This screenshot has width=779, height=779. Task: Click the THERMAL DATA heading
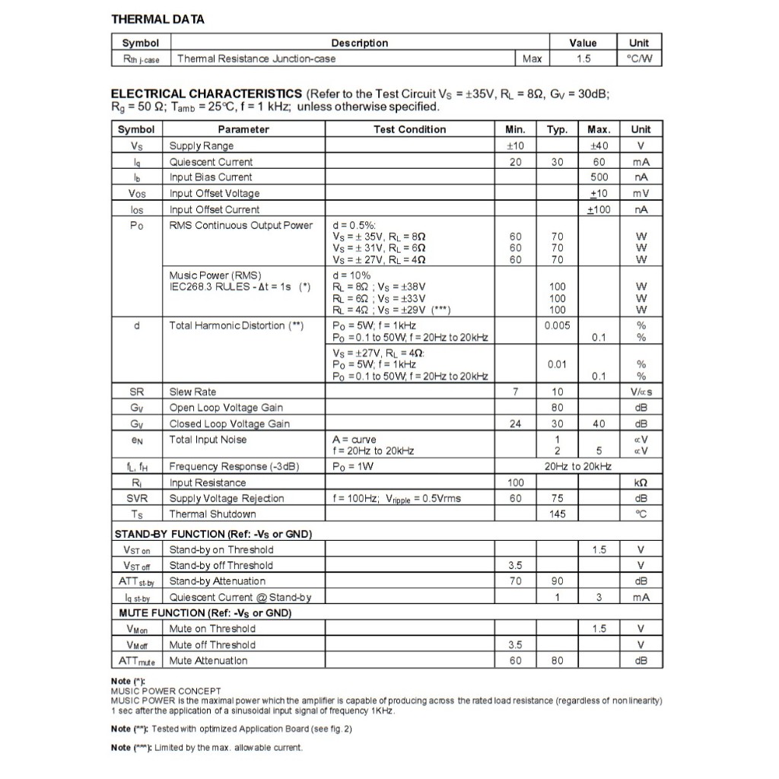click(157, 19)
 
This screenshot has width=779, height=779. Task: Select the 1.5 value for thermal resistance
click(583, 59)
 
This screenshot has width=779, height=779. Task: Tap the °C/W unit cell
click(639, 59)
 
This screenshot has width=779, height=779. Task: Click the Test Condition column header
click(409, 129)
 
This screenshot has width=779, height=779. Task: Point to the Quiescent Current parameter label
click(211, 162)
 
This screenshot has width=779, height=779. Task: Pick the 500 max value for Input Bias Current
click(599, 177)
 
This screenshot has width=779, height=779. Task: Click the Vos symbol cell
click(136, 193)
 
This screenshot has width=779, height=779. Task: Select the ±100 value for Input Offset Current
click(599, 209)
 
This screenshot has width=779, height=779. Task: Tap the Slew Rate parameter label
click(192, 392)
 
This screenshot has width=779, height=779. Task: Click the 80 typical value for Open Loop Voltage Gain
click(557, 408)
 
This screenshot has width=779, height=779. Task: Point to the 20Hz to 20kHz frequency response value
click(577, 466)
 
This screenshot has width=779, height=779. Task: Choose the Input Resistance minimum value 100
click(515, 482)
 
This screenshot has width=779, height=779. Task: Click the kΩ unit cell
click(641, 482)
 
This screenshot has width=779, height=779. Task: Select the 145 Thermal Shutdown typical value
click(557, 514)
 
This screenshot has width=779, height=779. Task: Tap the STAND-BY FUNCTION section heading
click(213, 534)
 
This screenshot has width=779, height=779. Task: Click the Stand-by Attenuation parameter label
click(217, 581)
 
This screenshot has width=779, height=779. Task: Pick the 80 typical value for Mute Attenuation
click(557, 660)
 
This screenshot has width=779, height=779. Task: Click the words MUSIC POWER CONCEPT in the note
click(155, 691)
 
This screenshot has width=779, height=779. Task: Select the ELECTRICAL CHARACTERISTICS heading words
click(206, 94)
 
